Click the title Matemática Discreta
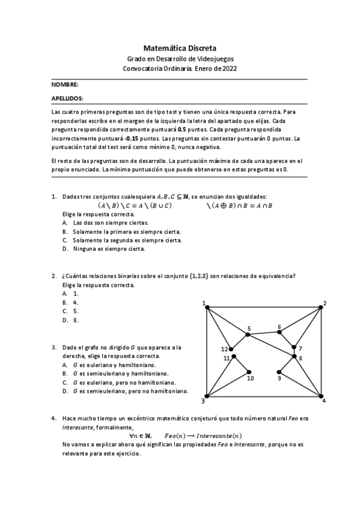[180, 47]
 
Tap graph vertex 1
[207, 308]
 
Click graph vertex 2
[322, 308]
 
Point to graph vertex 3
[207, 395]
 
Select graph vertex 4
[322, 395]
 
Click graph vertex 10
[249, 372]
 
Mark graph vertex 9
[280, 372]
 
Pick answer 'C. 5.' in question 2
[70, 311]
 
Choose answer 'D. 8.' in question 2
[70, 320]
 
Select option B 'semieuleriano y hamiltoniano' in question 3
[114, 373]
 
